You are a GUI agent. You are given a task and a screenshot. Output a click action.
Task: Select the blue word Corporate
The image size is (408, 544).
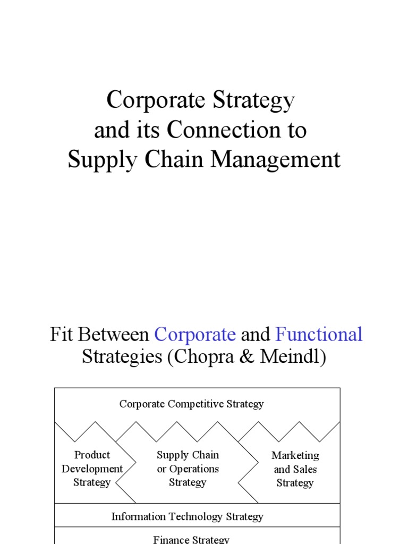pyautogui.click(x=195, y=335)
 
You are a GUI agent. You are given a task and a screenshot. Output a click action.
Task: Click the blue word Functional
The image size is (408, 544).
pyautogui.click(x=319, y=335)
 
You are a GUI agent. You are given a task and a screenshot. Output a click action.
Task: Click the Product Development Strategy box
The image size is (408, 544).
pyautogui.click(x=92, y=469)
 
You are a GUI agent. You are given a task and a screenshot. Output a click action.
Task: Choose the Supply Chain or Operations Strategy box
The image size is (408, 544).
pyautogui.click(x=188, y=469)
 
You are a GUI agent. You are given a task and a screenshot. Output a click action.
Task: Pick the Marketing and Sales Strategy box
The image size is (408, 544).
pyautogui.click(x=295, y=469)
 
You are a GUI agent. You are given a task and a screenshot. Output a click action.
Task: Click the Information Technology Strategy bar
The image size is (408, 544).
pyautogui.click(x=187, y=516)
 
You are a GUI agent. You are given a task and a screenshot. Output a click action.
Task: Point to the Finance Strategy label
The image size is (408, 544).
pyautogui.click(x=191, y=539)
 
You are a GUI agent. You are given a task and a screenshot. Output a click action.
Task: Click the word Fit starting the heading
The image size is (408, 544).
pyautogui.click(x=60, y=335)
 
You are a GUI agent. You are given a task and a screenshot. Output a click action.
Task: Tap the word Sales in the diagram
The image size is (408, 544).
pyautogui.click(x=304, y=469)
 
